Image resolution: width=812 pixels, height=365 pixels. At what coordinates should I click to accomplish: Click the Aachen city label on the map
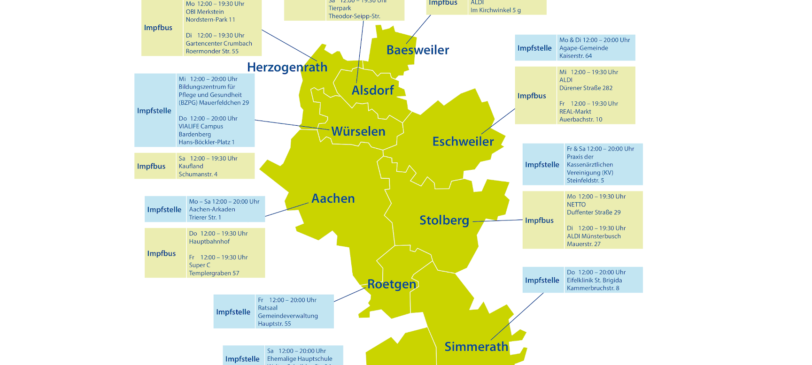[x=333, y=198]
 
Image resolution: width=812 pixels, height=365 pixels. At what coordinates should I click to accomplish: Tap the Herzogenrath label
[x=287, y=67]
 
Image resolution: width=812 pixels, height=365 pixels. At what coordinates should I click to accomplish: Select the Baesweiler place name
[x=418, y=50]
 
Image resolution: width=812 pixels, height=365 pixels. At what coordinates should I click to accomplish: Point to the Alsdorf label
[x=372, y=90]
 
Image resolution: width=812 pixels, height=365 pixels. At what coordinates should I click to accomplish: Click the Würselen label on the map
[x=358, y=131]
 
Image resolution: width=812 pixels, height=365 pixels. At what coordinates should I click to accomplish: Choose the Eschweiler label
[x=463, y=141]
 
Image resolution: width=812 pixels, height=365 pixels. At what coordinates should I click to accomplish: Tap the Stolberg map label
[x=444, y=220]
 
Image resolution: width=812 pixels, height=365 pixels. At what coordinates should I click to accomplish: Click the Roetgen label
[x=391, y=284]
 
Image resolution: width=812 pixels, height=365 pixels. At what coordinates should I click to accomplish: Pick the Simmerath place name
[x=476, y=347]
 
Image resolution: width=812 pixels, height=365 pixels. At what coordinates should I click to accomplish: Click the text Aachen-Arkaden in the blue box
[x=212, y=210]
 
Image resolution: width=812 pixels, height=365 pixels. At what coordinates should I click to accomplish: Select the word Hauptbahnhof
[x=209, y=242]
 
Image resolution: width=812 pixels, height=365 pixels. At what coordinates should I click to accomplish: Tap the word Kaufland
[x=191, y=166]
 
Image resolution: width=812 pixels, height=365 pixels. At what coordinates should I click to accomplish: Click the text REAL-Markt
[x=575, y=112]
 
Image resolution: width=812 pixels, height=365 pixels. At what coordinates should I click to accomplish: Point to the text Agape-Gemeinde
[x=583, y=48]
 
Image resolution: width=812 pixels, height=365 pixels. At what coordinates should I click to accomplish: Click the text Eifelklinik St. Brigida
[x=594, y=280]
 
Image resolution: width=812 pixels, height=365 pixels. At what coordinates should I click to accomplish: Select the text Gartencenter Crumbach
[x=219, y=43]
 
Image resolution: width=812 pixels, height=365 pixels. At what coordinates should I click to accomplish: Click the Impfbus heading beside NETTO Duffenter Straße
[x=539, y=221]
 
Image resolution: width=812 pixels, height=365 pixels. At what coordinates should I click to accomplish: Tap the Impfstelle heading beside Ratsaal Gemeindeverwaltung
[x=233, y=312]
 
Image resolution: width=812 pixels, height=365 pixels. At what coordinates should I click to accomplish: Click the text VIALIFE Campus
[x=201, y=126]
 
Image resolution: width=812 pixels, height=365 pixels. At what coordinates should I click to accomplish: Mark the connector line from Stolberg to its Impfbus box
[x=498, y=221]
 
